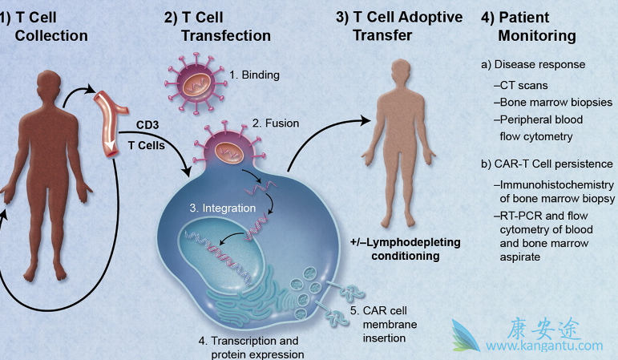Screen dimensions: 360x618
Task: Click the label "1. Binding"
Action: click(x=255, y=76)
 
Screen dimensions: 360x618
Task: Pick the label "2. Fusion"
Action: click(x=276, y=123)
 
